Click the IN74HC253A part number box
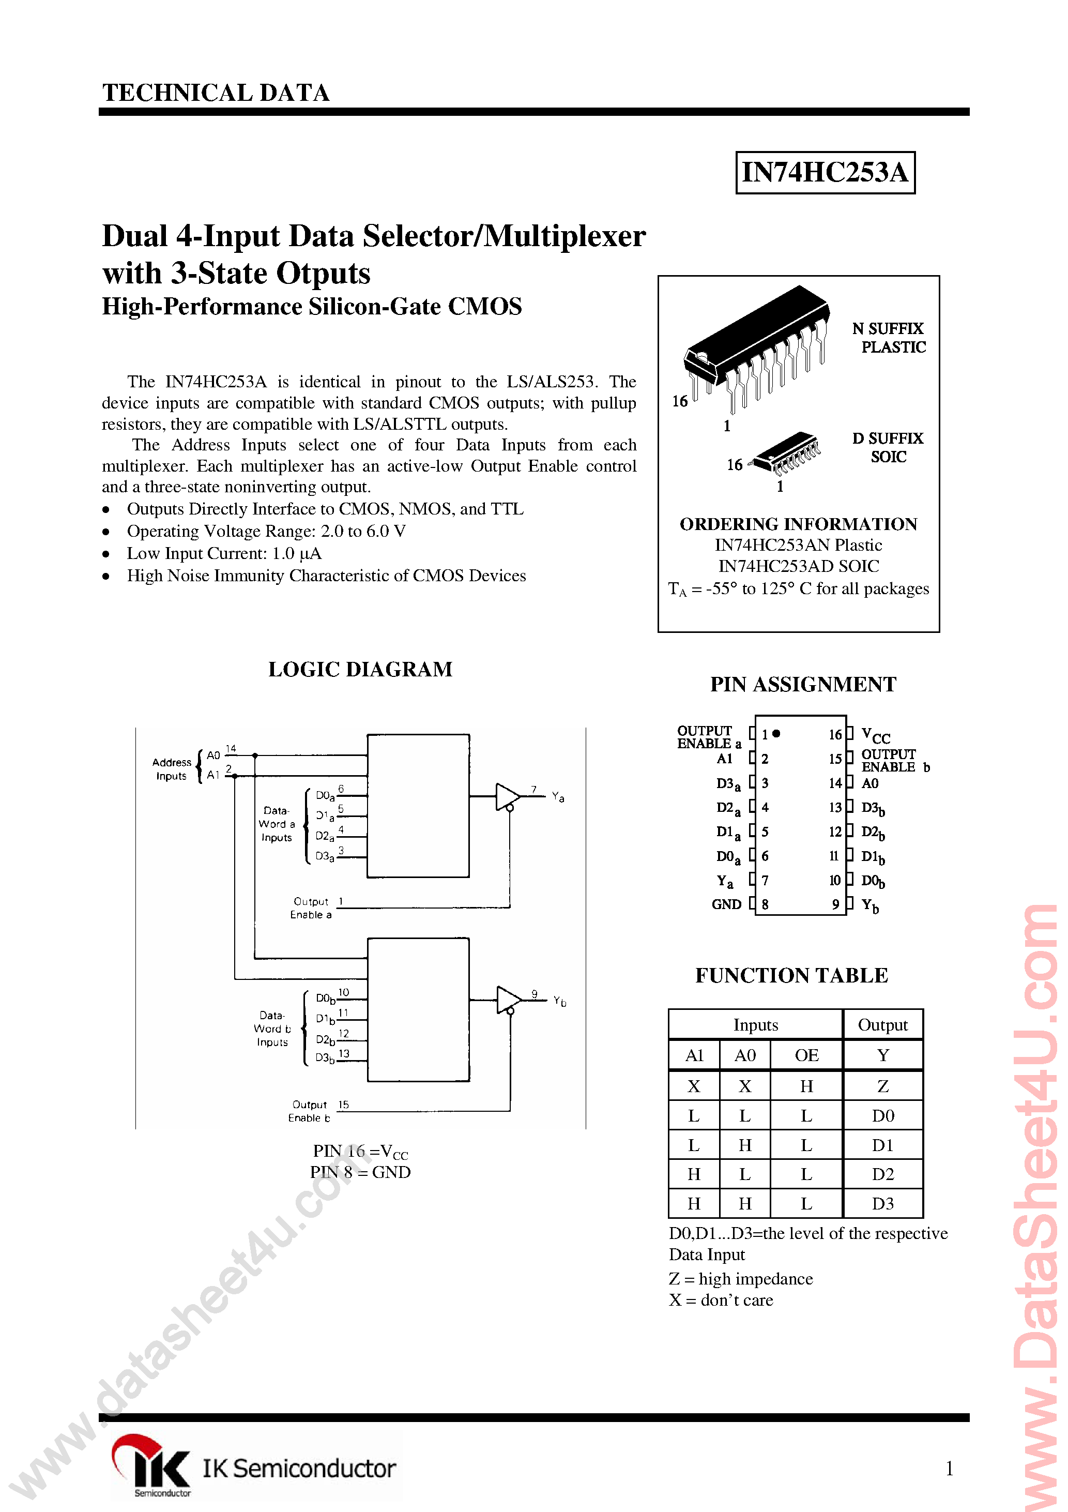(x=825, y=173)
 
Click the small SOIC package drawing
(x=787, y=453)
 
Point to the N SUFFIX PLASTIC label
(x=888, y=338)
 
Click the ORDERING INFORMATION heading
(x=798, y=524)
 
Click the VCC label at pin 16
(x=876, y=736)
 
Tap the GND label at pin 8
(x=726, y=905)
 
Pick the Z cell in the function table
(x=882, y=1086)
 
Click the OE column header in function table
(x=806, y=1055)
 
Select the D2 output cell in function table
(x=882, y=1174)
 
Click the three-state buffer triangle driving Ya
(x=507, y=796)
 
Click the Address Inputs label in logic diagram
(x=171, y=768)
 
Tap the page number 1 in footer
(x=949, y=1468)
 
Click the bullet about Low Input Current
(x=224, y=554)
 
